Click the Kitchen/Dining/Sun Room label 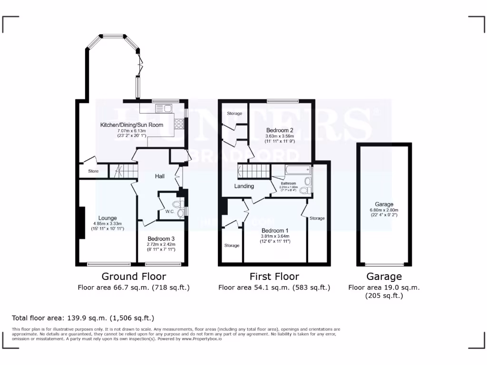tap(132, 125)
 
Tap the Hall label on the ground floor tap(160, 176)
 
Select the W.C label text tap(169, 211)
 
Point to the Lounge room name tap(108, 218)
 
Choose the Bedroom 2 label tap(279, 130)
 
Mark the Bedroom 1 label tap(275, 231)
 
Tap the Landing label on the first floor tap(244, 186)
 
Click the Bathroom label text tap(288, 183)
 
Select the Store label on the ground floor tap(93, 171)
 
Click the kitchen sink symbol tap(165, 109)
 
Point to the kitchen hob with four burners tap(180, 123)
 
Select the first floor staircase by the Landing tap(253, 170)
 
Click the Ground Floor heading tap(134, 277)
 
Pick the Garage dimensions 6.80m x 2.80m tap(384, 210)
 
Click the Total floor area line tap(83, 318)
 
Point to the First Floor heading tap(274, 277)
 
